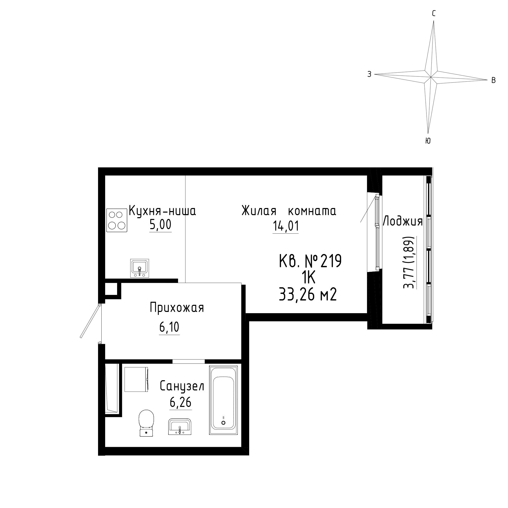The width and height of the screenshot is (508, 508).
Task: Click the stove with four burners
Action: pos(117,220)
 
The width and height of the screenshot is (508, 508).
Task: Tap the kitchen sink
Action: pos(140,268)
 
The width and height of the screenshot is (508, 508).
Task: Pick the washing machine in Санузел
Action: pos(136,379)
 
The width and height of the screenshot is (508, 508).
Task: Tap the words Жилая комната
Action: pos(289,211)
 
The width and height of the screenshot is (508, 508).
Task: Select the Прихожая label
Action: pos(177,308)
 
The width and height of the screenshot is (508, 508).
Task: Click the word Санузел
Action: pos(182,386)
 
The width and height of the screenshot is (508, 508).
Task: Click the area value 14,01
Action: pos(286,226)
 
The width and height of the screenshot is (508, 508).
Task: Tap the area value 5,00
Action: pos(160,225)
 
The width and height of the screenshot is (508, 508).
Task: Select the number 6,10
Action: pos(169,327)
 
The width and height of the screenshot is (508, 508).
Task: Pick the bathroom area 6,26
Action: pos(180,402)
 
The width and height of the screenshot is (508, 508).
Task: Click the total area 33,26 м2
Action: pos(308,294)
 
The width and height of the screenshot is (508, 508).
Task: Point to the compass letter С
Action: pos(434,14)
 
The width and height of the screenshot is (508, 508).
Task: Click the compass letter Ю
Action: pos(428,141)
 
